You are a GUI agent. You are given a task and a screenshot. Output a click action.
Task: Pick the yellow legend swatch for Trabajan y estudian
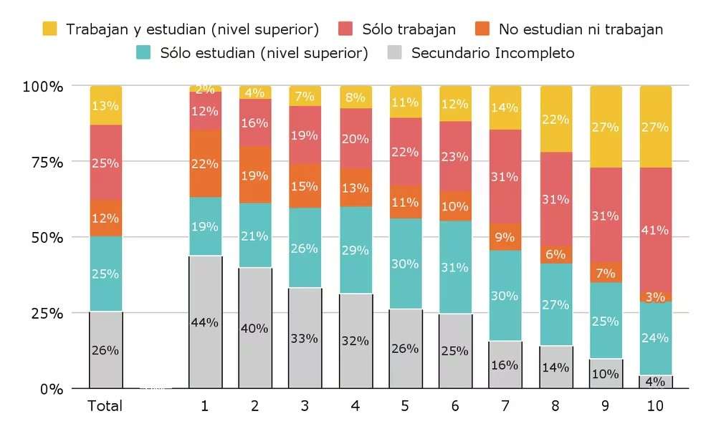[49, 29]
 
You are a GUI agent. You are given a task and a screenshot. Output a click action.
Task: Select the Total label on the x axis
[105, 406]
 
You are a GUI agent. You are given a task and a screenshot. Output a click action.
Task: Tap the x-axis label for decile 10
[655, 406]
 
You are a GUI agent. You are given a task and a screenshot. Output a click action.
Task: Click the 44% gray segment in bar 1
[205, 322]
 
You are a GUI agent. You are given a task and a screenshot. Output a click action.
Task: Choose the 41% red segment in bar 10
[655, 230]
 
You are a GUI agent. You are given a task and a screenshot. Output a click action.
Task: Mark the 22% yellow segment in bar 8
[555, 119]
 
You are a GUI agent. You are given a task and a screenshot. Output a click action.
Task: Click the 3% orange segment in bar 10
[655, 297]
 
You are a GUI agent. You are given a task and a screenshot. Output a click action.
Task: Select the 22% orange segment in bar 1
[205, 164]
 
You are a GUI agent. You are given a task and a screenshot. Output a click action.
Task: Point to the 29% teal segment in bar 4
[355, 250]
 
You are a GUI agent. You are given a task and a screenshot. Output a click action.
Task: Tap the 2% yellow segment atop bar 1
[205, 89]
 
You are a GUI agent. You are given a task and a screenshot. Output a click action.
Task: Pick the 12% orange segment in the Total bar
[105, 218]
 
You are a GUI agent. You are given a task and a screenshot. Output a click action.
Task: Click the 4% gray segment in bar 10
[655, 382]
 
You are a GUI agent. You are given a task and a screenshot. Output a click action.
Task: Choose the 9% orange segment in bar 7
[505, 236]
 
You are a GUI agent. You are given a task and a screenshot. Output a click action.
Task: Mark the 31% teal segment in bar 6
[455, 267]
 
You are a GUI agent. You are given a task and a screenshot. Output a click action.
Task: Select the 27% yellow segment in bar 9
[606, 127]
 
